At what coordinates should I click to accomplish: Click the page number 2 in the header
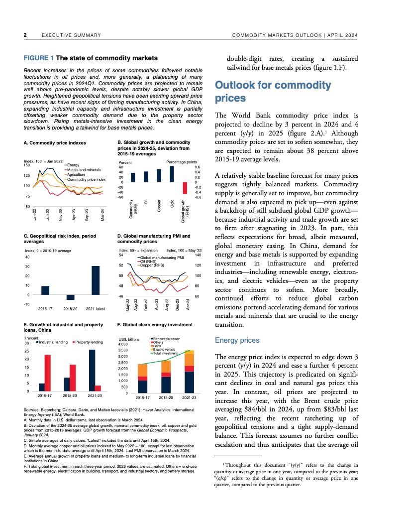point(25,35)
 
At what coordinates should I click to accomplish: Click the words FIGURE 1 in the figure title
point(39,58)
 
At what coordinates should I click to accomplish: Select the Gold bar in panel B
point(172,173)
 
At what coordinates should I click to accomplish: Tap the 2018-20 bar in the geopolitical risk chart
point(70,297)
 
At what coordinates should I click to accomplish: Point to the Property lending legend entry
point(90,342)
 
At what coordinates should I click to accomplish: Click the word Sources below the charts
point(32,409)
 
